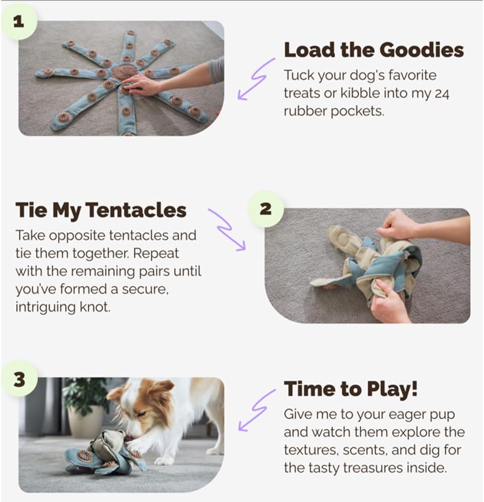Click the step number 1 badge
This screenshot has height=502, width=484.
pos(19,22)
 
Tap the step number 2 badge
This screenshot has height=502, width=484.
pos(265,209)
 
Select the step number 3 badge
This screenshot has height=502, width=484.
pos(19,379)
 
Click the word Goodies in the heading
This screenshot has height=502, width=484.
pos(422,50)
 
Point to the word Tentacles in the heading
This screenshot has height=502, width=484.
pos(136,210)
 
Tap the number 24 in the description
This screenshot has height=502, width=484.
pos(442,94)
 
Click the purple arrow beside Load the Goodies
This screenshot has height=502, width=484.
pos(256,79)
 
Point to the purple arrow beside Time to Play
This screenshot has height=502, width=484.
pos(256,410)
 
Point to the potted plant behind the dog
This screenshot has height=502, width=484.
pos(85,407)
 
